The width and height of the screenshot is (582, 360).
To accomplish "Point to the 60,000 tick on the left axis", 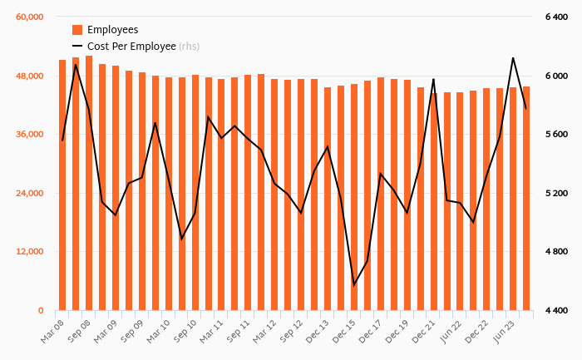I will [28, 17].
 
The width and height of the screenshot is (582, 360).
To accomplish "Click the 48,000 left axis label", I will [28, 76].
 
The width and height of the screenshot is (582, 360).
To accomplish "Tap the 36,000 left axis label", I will [28, 135].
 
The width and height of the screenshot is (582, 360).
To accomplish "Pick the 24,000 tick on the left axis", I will [28, 194].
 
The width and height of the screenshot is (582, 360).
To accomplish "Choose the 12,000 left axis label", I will [28, 252].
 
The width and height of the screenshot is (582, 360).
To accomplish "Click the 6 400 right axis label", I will [556, 17].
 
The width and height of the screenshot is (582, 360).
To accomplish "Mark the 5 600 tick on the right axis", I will [556, 135].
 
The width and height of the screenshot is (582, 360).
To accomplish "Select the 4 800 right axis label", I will [556, 252].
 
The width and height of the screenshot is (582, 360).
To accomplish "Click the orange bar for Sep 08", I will [89, 183].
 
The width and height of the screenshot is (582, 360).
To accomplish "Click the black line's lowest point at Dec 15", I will [354, 285].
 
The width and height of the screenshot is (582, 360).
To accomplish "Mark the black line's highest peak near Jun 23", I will [513, 58].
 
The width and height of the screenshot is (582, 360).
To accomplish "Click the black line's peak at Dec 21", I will [433, 79].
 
